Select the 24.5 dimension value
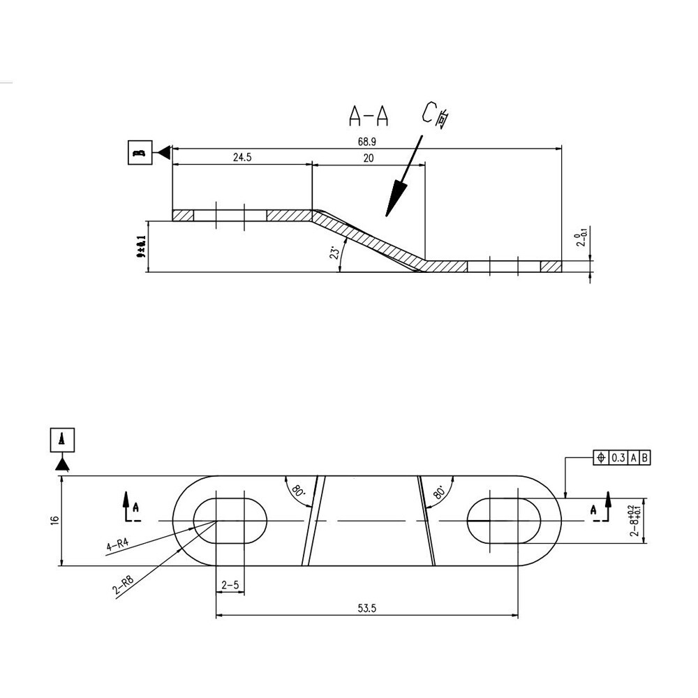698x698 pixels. (x=242, y=158)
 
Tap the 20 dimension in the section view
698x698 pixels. (x=369, y=158)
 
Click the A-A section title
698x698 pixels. (x=369, y=115)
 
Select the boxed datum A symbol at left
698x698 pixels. (x=63, y=440)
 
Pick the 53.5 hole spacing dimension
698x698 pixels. (x=367, y=609)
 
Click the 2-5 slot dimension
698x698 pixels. (x=230, y=585)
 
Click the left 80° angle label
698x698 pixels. (x=299, y=490)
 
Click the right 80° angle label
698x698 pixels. (x=439, y=491)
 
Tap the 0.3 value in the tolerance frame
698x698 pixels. (x=618, y=458)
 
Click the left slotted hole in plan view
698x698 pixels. (x=230, y=521)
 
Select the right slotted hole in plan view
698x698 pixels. (x=504, y=521)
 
